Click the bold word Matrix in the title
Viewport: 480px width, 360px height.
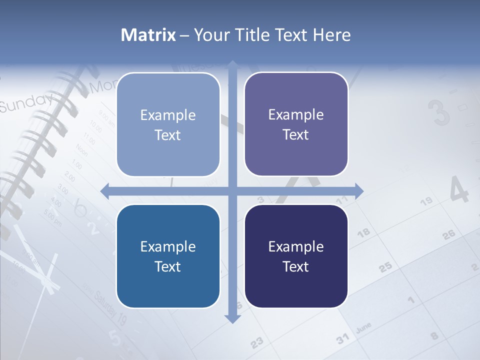pos(148,35)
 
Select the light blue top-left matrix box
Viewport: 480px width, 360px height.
pos(168,124)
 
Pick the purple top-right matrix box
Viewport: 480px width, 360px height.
pos(296,124)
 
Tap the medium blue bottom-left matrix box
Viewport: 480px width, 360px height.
pos(168,256)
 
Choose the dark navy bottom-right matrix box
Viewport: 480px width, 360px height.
pos(296,256)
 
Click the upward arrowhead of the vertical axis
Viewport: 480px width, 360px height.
pos(232,64)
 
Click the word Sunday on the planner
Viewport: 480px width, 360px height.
pos(25,102)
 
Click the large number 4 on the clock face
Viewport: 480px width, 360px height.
pos(458,190)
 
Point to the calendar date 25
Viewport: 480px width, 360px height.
pos(385,267)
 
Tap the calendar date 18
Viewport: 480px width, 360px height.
pos(363,232)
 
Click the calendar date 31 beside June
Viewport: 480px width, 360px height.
pos(342,339)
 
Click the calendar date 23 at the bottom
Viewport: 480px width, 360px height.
pos(256,343)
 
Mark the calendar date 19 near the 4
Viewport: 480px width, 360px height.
pos(426,201)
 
